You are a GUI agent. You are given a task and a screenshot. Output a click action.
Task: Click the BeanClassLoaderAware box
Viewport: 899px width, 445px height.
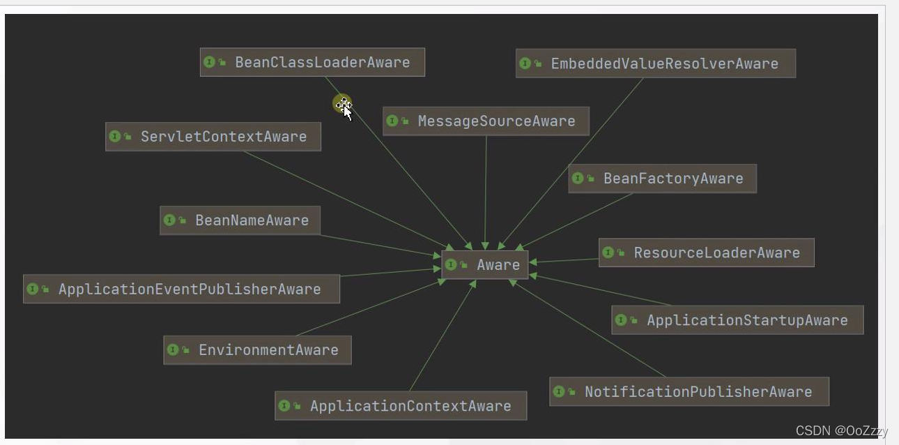[x=312, y=62]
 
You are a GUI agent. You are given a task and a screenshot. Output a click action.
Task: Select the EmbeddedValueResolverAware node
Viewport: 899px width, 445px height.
[x=655, y=63]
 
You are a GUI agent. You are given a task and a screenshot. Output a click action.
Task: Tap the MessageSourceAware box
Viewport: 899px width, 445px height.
[x=486, y=121]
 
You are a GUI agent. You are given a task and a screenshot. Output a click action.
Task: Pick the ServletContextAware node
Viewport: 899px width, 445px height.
[x=213, y=137]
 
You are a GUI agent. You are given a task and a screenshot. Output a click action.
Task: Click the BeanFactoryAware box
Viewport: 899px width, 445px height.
[x=662, y=179]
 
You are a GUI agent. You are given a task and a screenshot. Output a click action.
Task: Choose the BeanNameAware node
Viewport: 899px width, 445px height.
[x=240, y=220]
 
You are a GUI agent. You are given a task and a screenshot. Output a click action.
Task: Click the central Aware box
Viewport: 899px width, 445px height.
[x=485, y=265]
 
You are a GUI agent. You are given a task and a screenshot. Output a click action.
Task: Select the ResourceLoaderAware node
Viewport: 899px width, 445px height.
[x=706, y=252]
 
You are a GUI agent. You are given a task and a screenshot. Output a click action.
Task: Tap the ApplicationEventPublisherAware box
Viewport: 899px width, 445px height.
[x=181, y=289]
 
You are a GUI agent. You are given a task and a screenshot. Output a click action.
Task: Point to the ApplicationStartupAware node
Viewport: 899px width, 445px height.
[x=737, y=320]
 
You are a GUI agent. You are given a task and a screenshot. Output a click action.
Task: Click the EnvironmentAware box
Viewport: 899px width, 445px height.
[x=257, y=350]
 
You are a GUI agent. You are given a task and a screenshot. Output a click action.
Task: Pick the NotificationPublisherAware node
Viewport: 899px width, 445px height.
[x=689, y=392]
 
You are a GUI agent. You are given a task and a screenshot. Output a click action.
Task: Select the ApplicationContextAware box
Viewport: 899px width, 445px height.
[x=401, y=406]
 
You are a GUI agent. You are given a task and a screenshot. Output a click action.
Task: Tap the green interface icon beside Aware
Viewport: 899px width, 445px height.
[x=451, y=264]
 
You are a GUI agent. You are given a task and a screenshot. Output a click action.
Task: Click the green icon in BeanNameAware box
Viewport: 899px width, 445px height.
[x=169, y=220]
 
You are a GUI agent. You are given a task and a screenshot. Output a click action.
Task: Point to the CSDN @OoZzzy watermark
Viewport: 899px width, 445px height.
[x=841, y=430]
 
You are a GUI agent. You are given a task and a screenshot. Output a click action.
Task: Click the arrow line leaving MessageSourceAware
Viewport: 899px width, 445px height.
[x=486, y=188]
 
